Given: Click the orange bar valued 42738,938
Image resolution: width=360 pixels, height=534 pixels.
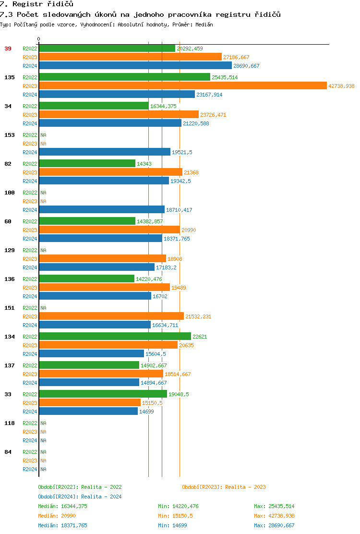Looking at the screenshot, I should pos(182,85).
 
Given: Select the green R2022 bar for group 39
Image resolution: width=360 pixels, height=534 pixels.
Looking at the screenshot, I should pos(107,48).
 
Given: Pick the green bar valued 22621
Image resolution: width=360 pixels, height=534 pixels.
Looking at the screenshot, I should pos(115,336).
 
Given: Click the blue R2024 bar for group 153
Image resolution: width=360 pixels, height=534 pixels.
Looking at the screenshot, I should pos(105,152).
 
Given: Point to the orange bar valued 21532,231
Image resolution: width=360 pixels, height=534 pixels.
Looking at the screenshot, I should pos(111,316).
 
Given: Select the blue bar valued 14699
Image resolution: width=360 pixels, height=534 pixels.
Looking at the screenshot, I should pos(88,412).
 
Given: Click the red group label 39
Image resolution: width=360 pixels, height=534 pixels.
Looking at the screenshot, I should pos(8,49).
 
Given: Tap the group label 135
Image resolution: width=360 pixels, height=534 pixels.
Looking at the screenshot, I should pos(10,77).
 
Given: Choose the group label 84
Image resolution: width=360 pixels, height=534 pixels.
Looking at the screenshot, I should pos(8,452).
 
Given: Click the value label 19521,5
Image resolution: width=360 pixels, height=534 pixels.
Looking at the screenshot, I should pos(182,152).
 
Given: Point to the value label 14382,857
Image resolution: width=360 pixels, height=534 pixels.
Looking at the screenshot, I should pos(150,221).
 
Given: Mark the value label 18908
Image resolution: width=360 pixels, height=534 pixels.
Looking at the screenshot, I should pos(175,259).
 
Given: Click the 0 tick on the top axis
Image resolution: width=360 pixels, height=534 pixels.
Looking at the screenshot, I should pos(39,39).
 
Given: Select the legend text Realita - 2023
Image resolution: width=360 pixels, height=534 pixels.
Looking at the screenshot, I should pos(245,487).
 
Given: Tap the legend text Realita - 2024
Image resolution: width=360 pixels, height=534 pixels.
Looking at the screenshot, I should pos(101,497).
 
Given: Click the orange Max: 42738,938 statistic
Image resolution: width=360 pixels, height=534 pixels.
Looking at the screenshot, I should pos(274,516).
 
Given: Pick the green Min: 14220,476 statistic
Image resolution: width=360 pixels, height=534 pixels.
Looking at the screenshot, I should pos(178,506).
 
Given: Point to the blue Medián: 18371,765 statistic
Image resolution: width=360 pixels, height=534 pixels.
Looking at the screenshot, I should pos(62,525).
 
